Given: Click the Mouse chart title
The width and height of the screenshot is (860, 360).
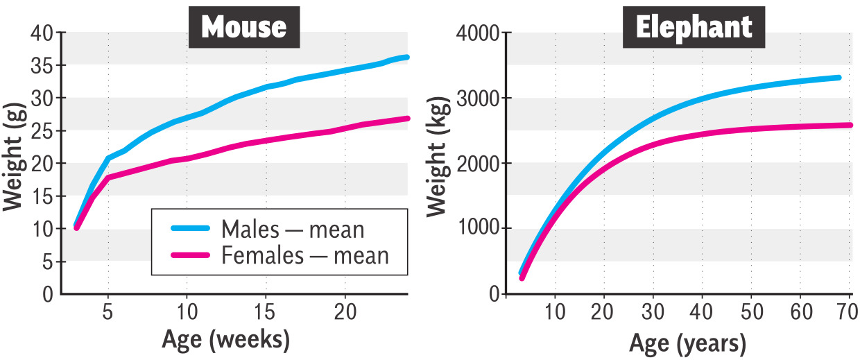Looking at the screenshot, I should (x=243, y=27).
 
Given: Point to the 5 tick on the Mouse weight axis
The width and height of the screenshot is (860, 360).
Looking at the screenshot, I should (x=46, y=262).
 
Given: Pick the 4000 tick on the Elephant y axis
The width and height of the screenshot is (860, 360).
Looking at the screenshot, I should (x=479, y=33).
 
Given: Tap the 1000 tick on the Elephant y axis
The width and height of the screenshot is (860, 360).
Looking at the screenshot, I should (x=479, y=229).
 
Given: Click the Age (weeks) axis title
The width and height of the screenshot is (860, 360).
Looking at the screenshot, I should (x=225, y=340).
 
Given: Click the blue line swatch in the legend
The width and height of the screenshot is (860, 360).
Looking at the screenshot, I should (x=187, y=228).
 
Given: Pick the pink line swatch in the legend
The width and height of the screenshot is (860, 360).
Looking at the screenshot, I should (x=187, y=256).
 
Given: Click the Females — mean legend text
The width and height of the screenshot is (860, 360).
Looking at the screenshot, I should (x=304, y=256).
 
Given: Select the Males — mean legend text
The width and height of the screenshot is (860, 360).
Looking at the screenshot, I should (x=293, y=229).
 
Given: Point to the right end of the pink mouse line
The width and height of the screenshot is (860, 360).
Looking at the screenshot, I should (x=408, y=119).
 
